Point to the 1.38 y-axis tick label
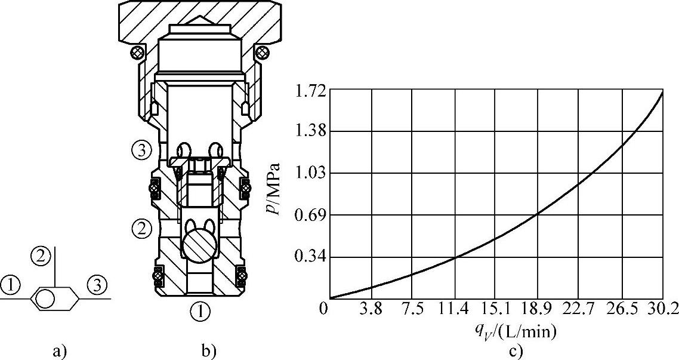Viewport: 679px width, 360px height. [309, 132]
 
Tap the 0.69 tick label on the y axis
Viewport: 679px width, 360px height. [309, 216]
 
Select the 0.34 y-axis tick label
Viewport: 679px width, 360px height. [309, 257]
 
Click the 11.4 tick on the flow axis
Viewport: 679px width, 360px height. [455, 310]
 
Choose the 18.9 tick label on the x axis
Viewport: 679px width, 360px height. [538, 310]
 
